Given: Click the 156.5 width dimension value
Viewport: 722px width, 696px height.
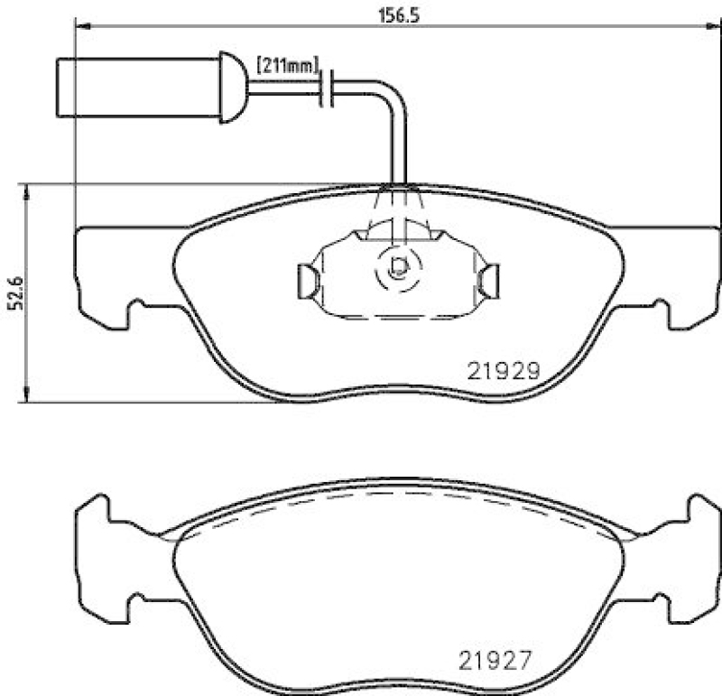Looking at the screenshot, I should [x=397, y=14].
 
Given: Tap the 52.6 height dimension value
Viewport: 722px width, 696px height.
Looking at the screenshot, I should [x=14, y=293].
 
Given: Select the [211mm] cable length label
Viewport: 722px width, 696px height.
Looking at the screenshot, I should [x=289, y=65].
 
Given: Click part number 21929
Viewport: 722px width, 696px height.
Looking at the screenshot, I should [x=503, y=370].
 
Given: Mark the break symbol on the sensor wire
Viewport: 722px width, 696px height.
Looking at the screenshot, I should [x=329, y=88].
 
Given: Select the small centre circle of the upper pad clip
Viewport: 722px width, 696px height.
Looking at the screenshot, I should [x=397, y=266].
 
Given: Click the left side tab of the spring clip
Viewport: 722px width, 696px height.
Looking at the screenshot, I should [x=304, y=280].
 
